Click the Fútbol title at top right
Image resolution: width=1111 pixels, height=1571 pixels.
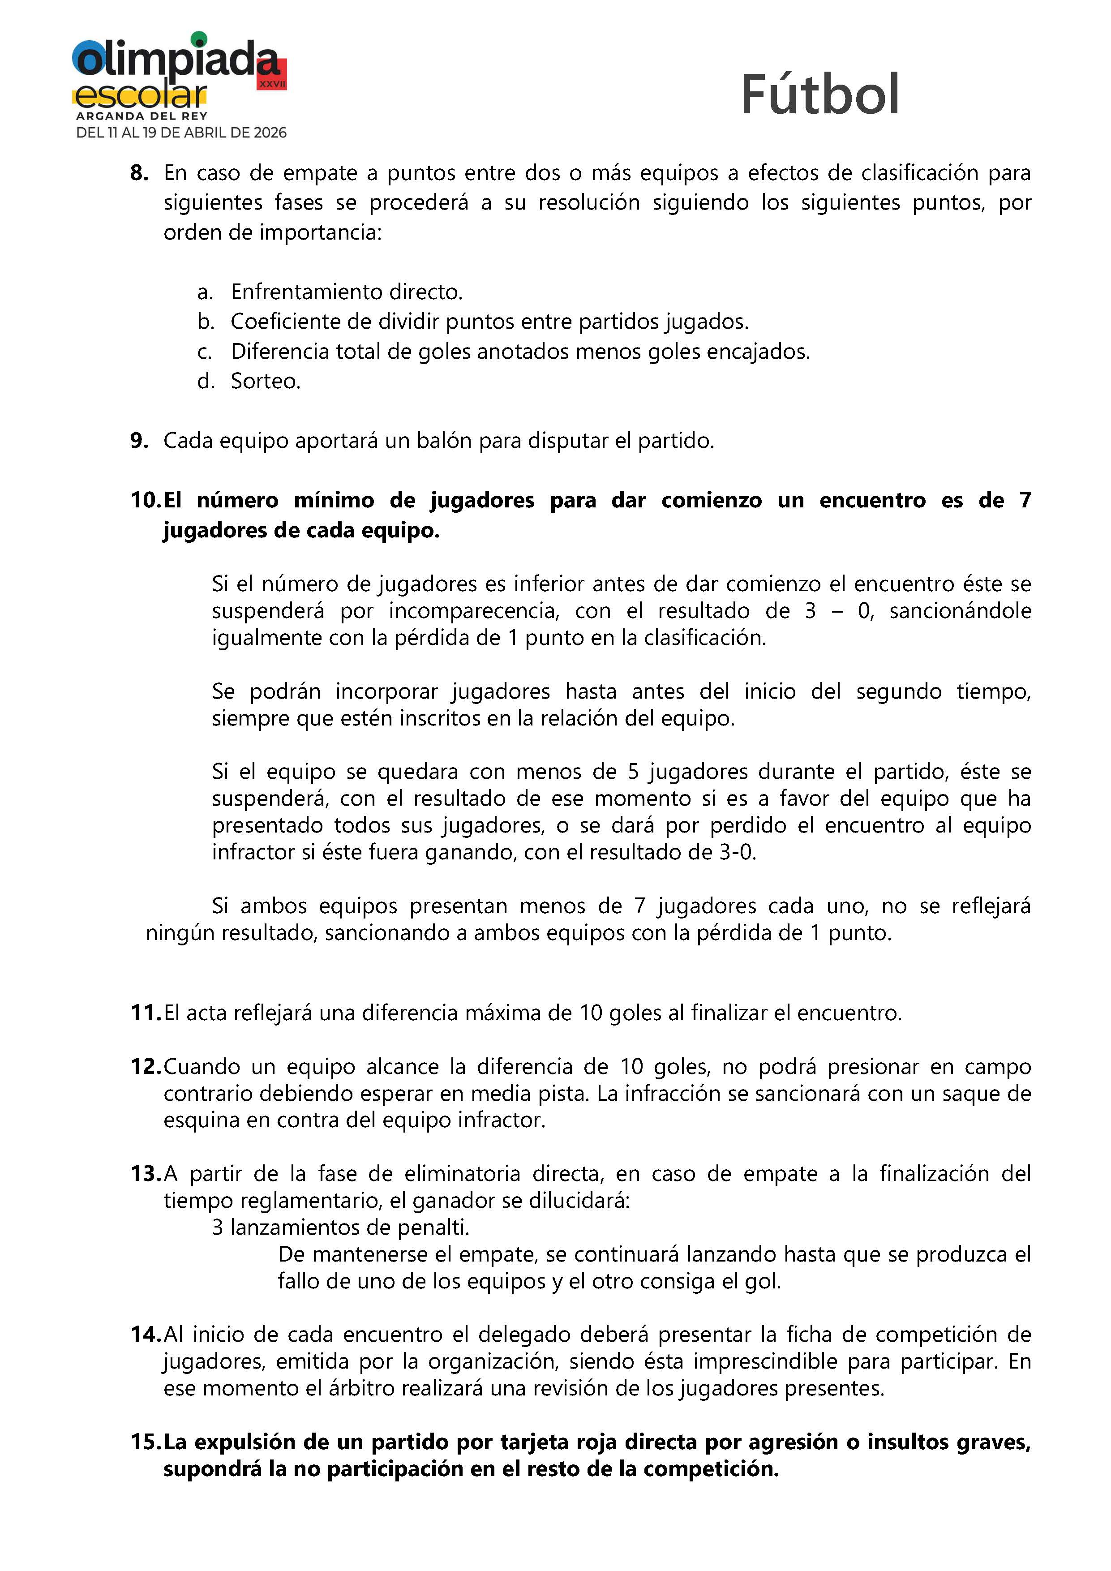(x=819, y=94)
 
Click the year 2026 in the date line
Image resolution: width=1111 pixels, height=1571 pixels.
(x=270, y=133)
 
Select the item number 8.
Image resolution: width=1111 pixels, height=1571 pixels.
(x=139, y=173)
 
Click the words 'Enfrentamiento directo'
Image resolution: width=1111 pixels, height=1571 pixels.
(x=346, y=292)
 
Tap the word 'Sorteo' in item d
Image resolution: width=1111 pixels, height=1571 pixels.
(x=265, y=381)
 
